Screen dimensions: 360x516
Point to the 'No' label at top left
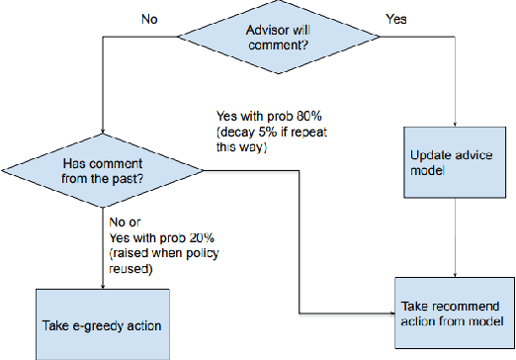[x=148, y=18]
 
